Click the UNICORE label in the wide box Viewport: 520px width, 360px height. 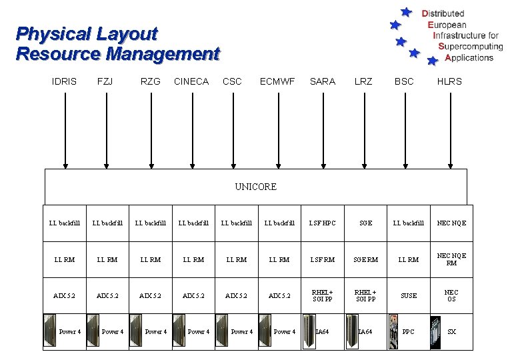pos(255,187)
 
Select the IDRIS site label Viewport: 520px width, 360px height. pos(64,81)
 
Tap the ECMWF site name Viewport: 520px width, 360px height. pos(277,81)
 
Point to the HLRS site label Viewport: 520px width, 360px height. pos(449,81)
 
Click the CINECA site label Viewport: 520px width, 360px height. pos(191,81)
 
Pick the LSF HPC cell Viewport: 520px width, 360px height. pos(323,223)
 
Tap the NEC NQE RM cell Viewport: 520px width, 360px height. pos(451,259)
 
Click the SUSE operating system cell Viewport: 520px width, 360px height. pos(408,295)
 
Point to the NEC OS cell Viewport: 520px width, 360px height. pos(451,295)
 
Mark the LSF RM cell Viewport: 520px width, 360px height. pos(323,259)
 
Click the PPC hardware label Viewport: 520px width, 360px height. pos(408,331)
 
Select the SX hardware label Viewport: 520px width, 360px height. pos(452,331)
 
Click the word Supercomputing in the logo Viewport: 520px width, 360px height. pos(471,47)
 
